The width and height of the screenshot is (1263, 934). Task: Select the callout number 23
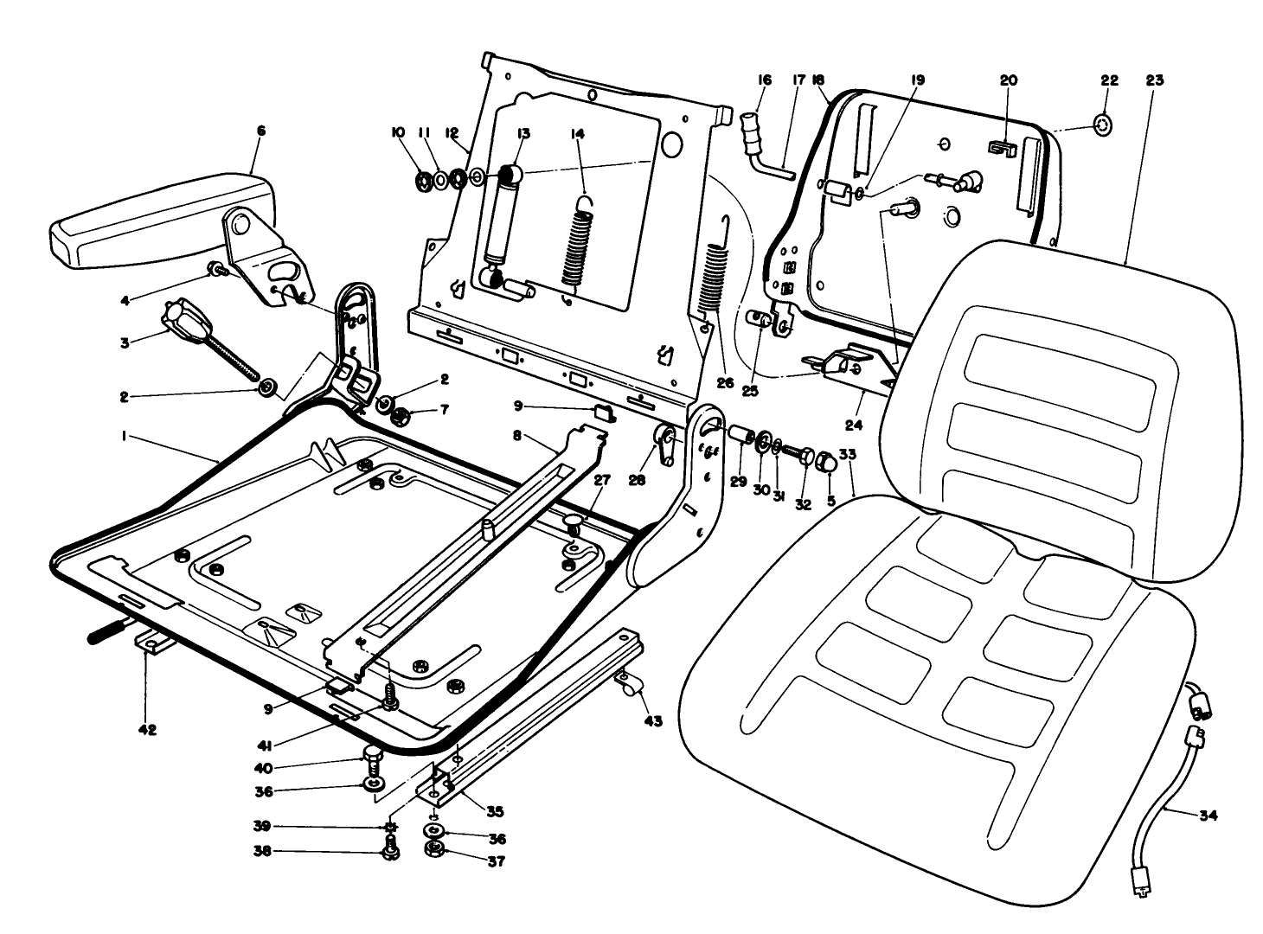(x=1154, y=80)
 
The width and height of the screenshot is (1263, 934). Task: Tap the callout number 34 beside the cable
(x=1208, y=815)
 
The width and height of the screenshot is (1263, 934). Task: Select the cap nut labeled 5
(x=826, y=464)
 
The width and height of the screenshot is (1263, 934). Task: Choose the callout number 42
(x=147, y=730)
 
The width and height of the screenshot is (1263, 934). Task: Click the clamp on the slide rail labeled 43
(x=630, y=688)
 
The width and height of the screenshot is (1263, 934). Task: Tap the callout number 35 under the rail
(x=494, y=812)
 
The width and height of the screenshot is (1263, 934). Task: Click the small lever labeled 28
(x=666, y=442)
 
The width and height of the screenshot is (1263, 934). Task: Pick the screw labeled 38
(x=389, y=852)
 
